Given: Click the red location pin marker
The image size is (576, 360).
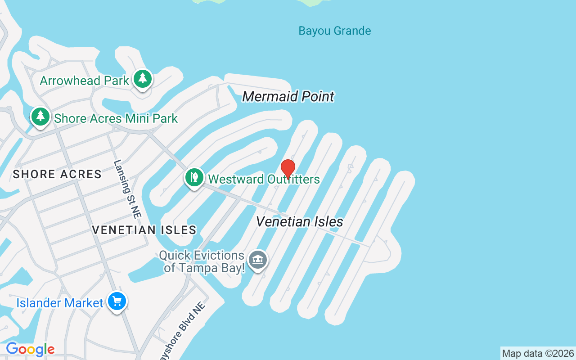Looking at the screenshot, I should pos(288,169).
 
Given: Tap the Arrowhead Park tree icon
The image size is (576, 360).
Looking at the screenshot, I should pos(143,79).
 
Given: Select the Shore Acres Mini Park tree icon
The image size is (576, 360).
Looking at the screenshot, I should pos(40,117).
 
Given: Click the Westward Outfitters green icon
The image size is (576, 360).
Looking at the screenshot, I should pos(194,177).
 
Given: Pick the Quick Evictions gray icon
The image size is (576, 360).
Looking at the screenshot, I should pos(258,260).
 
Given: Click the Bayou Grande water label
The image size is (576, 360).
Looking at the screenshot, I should pos(335,31).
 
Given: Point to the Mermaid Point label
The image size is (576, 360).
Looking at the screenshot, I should pos(288,97).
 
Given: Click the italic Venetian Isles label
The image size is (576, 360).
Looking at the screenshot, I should pos(300,222).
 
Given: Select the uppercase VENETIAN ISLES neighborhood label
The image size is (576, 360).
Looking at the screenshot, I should pos(144,230).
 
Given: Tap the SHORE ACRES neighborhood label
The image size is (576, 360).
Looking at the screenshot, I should pos(57,175).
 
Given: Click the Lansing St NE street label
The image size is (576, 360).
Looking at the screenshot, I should pos(127,189).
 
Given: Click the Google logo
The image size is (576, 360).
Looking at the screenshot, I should pos(30,349).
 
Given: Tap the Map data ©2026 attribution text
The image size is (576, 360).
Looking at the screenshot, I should pos(538,354).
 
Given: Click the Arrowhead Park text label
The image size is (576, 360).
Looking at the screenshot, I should pos(85,81).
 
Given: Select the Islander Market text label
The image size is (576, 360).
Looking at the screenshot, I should pos(60,303).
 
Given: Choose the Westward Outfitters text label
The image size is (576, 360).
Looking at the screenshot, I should pos(264,179).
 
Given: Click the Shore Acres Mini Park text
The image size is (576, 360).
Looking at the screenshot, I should pos(116,119).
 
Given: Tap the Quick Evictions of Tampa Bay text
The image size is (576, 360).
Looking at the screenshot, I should pos(202,262).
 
